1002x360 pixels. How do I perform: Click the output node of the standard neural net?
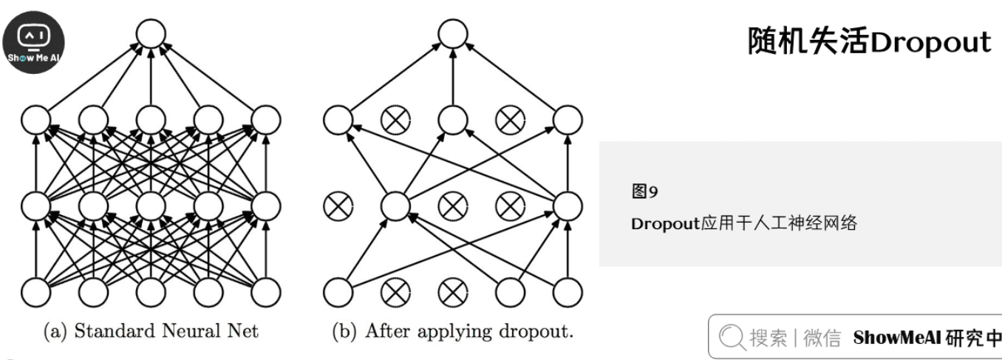(x=150, y=34)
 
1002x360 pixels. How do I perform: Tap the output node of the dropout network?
(x=453, y=34)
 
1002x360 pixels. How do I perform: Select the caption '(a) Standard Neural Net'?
(x=150, y=331)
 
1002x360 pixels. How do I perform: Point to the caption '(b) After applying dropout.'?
(x=453, y=331)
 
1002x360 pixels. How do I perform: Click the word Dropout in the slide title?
(x=930, y=42)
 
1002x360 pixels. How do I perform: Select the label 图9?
(x=644, y=193)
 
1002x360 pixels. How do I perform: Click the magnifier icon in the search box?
(x=732, y=339)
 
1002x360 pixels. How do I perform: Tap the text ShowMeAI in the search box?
(x=895, y=339)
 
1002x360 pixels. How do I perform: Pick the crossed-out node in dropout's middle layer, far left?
(x=338, y=206)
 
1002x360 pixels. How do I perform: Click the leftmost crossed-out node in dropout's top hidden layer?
(x=395, y=119)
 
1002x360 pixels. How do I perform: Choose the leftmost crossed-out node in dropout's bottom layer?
(x=395, y=292)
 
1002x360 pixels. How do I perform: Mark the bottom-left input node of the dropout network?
(x=338, y=292)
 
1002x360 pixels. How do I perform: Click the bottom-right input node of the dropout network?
(x=568, y=292)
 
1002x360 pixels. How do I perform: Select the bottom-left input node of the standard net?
(x=35, y=292)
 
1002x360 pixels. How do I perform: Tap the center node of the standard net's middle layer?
(x=150, y=206)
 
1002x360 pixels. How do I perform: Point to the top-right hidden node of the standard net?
(x=265, y=119)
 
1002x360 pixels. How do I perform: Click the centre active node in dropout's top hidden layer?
(x=452, y=119)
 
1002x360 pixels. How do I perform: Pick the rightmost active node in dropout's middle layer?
(x=568, y=206)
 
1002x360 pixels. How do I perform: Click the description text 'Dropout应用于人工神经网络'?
(x=744, y=223)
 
